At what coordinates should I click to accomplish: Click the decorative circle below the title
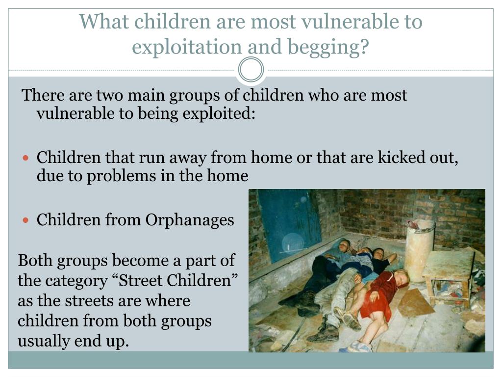(251, 70)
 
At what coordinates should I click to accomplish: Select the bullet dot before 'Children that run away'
(27, 159)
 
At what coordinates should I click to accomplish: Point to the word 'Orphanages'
(189, 220)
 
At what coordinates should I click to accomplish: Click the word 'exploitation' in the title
(186, 47)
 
